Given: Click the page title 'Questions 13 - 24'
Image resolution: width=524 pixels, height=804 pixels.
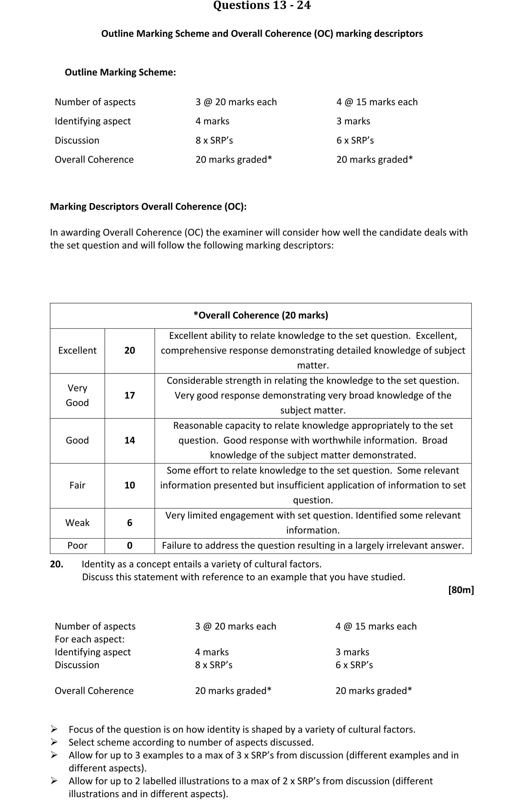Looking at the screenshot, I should tap(262, 5).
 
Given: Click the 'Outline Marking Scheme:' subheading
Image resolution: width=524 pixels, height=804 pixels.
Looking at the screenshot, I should tap(120, 72).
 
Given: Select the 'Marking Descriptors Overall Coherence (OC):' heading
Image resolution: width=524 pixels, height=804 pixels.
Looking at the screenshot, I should tap(148, 206).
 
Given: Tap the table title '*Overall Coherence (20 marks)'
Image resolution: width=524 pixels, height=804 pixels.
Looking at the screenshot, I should tap(261, 315).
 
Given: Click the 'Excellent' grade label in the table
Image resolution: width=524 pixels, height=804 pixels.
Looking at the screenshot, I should tap(77, 350).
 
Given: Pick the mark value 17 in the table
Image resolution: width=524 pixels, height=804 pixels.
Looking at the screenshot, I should tap(130, 395).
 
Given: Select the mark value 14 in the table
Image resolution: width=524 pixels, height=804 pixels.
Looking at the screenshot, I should tap(130, 440).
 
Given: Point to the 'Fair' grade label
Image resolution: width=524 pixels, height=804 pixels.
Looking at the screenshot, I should tap(77, 485).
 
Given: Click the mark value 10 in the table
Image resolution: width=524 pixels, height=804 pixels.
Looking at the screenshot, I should tap(130, 485).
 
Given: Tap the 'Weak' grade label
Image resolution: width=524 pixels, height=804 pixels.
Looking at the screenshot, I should tap(77, 523).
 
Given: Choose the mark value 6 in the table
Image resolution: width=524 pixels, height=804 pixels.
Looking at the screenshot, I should tap(130, 523).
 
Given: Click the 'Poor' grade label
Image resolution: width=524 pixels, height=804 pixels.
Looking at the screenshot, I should tap(77, 545).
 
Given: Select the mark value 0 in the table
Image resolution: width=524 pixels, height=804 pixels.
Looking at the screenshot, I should tap(130, 545).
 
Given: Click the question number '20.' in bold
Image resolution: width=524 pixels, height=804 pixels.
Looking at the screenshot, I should tap(57, 564).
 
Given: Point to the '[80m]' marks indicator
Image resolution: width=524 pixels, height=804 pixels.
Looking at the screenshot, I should tap(461, 590).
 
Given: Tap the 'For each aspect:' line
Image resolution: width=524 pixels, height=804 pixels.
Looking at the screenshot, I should tap(90, 639).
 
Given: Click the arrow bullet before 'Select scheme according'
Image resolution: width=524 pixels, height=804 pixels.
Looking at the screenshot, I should tap(54, 742).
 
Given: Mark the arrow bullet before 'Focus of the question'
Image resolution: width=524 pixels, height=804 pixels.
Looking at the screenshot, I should tap(54, 729).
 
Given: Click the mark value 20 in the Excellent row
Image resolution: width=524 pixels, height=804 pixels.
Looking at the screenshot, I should tap(130, 350).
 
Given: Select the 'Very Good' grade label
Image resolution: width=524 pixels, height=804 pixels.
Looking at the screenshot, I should tap(77, 395).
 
